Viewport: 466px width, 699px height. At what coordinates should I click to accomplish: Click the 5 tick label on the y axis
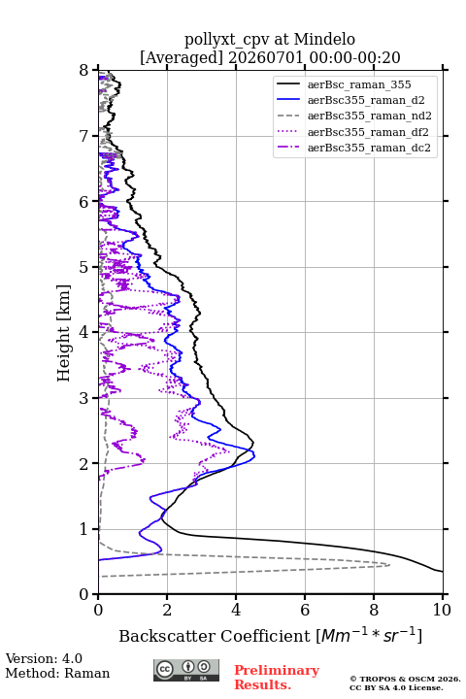pos(83,268)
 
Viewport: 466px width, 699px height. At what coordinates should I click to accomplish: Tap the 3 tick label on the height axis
pos(83,398)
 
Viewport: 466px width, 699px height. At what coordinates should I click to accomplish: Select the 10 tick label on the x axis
pos(443,610)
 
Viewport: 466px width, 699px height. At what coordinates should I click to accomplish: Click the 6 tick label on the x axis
pos(305,610)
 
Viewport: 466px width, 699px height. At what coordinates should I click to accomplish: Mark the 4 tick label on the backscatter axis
pos(236,610)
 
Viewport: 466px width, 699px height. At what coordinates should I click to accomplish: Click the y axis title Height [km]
pos(64,333)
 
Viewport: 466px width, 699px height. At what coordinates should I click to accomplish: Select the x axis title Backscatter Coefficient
pos(214,636)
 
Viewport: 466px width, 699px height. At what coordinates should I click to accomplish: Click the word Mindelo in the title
pos(324,39)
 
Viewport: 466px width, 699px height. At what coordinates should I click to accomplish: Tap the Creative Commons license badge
pos(186,671)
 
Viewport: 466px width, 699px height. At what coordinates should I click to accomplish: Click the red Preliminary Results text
pos(277,678)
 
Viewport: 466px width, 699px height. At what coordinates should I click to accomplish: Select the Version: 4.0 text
pos(44,658)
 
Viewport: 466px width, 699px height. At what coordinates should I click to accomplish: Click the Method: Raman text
pos(57,673)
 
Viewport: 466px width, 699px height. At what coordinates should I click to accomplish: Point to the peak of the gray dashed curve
pos(389,565)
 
